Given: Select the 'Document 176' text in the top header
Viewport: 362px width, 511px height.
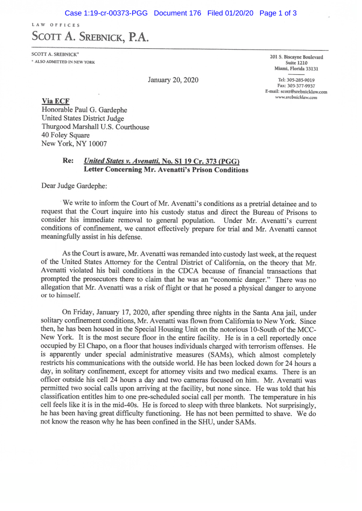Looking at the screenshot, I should (x=177, y=13).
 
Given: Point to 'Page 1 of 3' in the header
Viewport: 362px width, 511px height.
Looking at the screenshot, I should (x=278, y=13).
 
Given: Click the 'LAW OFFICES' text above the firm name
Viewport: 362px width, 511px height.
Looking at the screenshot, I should (x=56, y=25).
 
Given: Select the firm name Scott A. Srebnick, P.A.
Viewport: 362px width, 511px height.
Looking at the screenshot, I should (x=90, y=37).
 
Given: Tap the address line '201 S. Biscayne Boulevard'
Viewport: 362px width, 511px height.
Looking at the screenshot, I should (x=296, y=57).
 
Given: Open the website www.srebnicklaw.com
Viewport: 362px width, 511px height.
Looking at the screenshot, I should (x=296, y=97).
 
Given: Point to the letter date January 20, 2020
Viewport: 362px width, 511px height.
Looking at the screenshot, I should (x=173, y=80).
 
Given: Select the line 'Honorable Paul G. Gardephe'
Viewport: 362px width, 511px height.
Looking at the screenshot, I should (x=85, y=110).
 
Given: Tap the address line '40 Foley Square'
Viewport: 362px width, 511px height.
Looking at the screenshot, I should (x=66, y=135).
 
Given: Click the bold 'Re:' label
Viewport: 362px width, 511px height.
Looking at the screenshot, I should (x=68, y=162).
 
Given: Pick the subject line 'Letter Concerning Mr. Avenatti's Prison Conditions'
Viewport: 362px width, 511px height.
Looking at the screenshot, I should (x=166, y=170).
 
